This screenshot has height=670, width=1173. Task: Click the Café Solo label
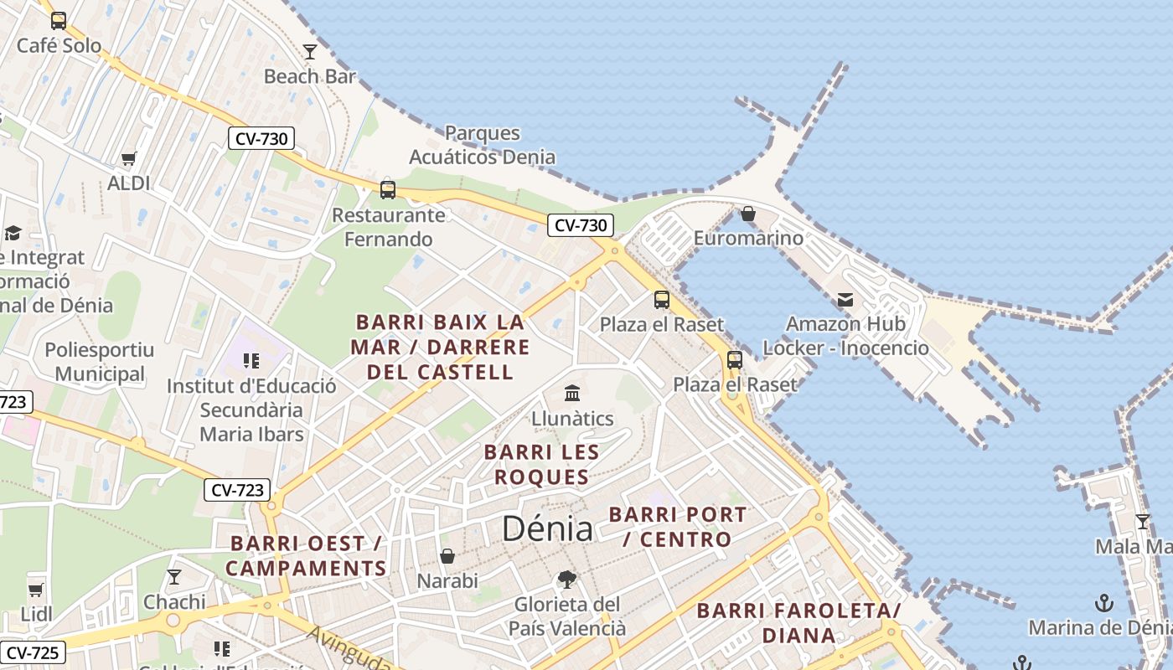[59, 45]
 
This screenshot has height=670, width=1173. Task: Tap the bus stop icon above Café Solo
[59, 21]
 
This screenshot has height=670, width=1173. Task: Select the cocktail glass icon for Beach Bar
[310, 52]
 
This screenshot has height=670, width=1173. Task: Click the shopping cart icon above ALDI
[128, 158]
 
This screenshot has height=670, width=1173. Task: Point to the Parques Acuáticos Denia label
[482, 145]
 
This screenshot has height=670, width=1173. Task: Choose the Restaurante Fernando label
[389, 227]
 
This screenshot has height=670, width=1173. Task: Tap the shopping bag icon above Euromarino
[748, 214]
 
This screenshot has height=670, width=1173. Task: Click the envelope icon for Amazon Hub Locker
[845, 299]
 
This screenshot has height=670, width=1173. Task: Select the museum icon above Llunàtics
[572, 393]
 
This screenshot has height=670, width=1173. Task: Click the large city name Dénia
[547, 528]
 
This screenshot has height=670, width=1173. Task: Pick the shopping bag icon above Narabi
[447, 556]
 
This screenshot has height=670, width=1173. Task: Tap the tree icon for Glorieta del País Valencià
[567, 579]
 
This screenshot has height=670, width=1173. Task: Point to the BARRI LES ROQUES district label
[542, 465]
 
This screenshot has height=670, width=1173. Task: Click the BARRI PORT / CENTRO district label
[677, 527]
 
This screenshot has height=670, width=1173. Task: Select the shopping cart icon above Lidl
[36, 590]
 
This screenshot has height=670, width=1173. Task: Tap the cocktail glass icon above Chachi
[174, 577]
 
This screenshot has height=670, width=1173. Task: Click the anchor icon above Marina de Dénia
[1104, 603]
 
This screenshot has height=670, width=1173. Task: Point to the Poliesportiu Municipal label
[100, 362]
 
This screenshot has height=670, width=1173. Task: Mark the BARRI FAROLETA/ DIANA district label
[798, 622]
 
